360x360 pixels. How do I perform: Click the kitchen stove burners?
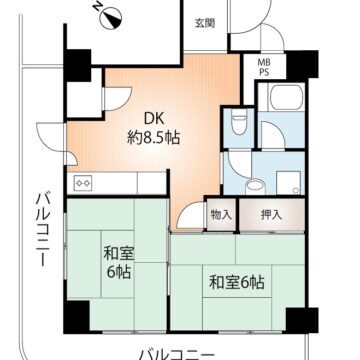pyautogui.click(x=83, y=183)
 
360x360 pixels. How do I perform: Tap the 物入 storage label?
pyautogui.click(x=221, y=215)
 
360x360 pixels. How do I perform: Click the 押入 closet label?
pyautogui.click(x=271, y=215)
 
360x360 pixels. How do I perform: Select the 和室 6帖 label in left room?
pyautogui.click(x=117, y=259)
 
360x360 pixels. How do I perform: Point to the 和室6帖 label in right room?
pyautogui.click(x=236, y=280)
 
